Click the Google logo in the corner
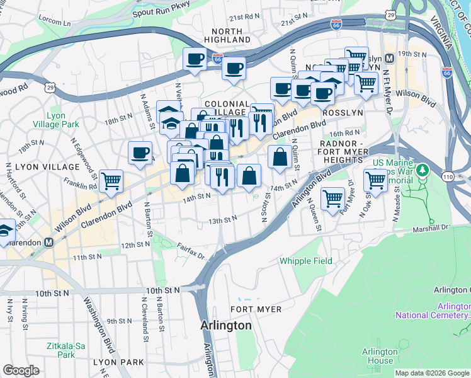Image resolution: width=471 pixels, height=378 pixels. (x=21, y=371)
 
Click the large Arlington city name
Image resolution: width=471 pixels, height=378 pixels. (x=226, y=326)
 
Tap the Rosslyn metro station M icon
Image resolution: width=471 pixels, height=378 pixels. (x=389, y=59)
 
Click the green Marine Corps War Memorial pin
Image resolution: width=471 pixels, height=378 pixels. (x=423, y=169)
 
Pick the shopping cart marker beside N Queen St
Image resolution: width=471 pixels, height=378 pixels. (x=333, y=198)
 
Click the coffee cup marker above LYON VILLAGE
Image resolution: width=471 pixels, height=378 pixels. (x=140, y=152)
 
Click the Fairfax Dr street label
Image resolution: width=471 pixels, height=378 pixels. (x=191, y=251)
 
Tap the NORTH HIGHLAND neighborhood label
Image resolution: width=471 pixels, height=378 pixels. (x=227, y=35)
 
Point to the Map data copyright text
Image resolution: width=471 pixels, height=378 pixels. (x=432, y=373)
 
